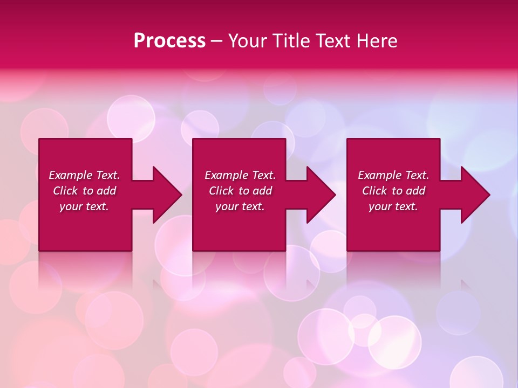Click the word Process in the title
(x=169, y=41)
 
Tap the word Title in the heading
(x=291, y=41)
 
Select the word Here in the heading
(x=377, y=41)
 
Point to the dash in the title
(x=217, y=41)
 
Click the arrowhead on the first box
(x=165, y=195)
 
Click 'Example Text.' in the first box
(x=84, y=175)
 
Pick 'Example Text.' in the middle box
(x=240, y=175)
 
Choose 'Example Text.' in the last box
(x=393, y=175)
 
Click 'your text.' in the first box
(x=84, y=206)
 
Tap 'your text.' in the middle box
(x=240, y=206)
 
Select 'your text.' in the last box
(x=393, y=206)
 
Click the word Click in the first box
(x=65, y=191)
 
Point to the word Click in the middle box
(x=221, y=191)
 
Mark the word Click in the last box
(x=374, y=191)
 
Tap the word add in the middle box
(x=262, y=191)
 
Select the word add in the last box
(x=415, y=191)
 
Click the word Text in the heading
(x=333, y=41)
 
